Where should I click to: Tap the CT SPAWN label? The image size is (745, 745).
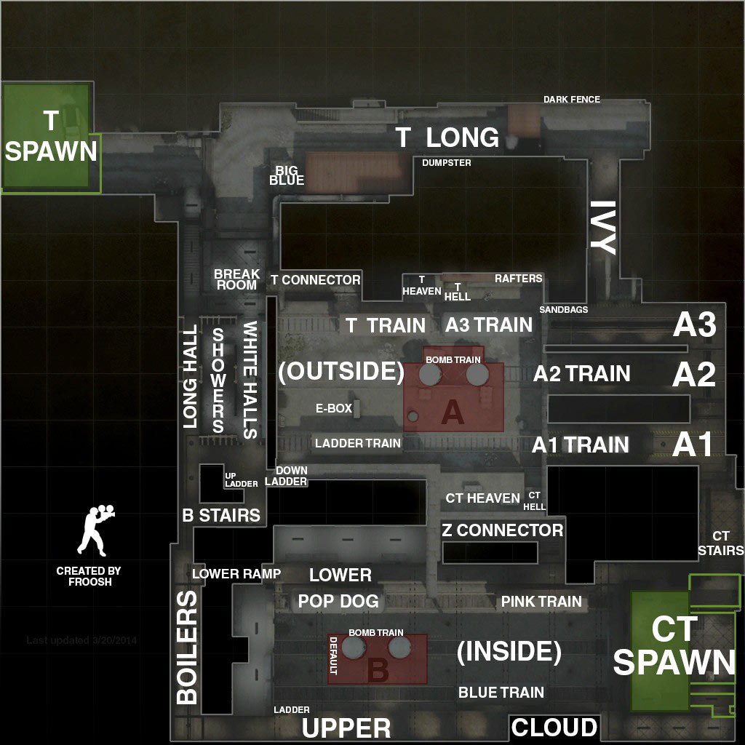674,646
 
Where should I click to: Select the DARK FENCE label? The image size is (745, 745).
572,99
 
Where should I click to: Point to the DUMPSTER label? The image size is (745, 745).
447,163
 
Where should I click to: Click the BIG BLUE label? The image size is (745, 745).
287,175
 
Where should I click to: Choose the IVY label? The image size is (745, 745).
602,228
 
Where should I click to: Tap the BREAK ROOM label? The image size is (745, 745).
236,279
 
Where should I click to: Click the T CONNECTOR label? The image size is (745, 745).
315,279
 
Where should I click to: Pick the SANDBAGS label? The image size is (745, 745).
563,310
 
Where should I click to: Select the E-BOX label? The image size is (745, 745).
334,409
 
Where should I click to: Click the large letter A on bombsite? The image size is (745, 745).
453,413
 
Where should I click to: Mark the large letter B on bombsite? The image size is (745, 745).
378,670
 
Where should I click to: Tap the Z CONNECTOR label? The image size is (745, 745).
502,530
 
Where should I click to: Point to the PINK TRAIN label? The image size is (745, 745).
541,602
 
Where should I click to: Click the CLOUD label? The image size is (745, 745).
554,728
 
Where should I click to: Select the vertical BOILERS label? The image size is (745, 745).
187,648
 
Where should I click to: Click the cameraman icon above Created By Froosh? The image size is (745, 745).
95,530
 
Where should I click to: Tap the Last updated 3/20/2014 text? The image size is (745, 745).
81,640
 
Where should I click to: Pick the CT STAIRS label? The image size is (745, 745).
720,543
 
